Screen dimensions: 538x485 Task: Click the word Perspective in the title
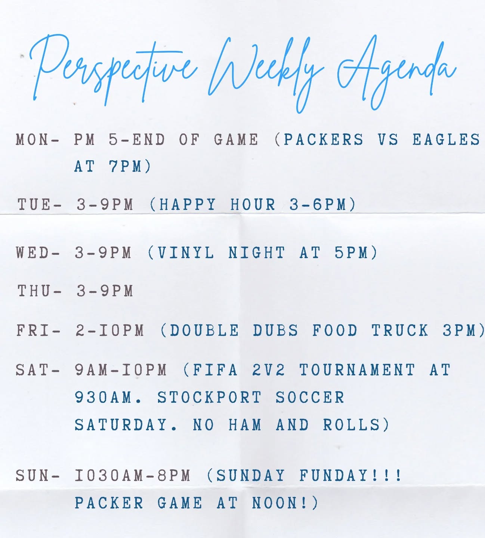[x=112, y=69]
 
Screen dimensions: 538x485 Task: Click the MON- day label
[x=37, y=140]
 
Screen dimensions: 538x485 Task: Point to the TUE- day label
[x=39, y=205]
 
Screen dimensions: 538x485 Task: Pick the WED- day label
[x=37, y=253]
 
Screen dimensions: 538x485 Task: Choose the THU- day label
[x=39, y=291]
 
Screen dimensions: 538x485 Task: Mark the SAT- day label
[x=37, y=370]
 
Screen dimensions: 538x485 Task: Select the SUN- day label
[x=37, y=476]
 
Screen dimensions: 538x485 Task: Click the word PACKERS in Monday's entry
[x=323, y=140]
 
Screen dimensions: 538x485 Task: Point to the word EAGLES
[x=446, y=140]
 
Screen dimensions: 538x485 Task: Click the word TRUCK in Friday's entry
[x=399, y=331]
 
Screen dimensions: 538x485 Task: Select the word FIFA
[x=215, y=370]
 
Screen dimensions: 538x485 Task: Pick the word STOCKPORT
[x=209, y=398]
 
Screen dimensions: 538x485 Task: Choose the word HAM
[x=245, y=425]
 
